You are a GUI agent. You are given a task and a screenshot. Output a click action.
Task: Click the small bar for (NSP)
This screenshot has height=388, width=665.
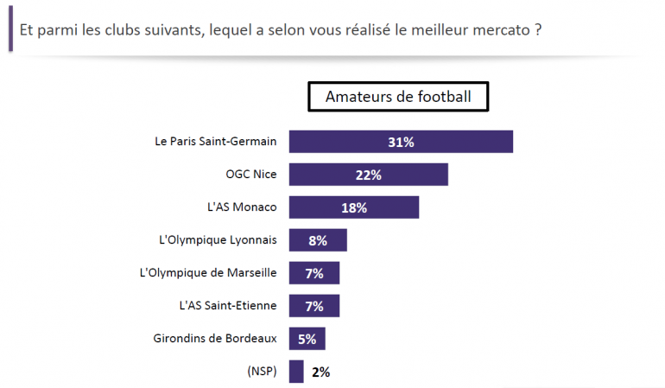pos(296,372)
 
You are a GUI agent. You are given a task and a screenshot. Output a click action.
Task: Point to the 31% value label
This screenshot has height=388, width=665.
pos(401,142)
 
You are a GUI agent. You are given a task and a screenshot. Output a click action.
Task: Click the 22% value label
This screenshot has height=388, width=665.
pos(368,175)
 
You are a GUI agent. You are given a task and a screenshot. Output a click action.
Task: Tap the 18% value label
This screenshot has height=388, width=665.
pos(354,207)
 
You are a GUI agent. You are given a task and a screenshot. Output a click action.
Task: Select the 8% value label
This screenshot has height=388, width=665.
pos(317,240)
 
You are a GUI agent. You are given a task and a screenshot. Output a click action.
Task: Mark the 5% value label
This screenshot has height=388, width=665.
pos(307,339)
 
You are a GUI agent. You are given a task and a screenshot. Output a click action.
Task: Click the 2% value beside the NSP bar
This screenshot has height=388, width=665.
pos(320,372)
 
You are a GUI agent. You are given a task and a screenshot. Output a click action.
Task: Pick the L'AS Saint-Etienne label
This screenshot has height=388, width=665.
pos(227,306)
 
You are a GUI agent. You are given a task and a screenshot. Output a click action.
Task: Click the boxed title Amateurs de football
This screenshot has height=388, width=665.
pos(398,97)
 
